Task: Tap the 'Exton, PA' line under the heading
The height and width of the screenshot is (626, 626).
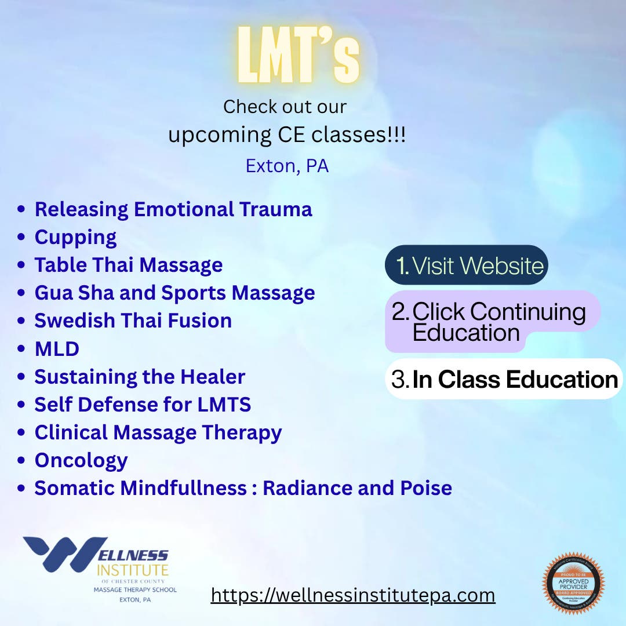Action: tap(287, 166)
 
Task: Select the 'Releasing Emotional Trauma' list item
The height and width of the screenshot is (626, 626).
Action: tap(173, 209)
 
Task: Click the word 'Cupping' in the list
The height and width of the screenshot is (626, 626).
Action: tap(75, 237)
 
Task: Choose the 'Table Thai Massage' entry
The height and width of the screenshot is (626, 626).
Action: tap(129, 265)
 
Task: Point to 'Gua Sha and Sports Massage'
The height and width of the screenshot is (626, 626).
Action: tap(174, 293)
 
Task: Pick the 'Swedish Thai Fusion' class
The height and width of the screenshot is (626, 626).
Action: tap(133, 321)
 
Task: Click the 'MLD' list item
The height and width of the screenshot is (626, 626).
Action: tap(57, 349)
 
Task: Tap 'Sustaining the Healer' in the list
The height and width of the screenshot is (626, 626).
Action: tap(140, 377)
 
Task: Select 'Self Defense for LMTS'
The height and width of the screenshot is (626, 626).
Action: tap(143, 405)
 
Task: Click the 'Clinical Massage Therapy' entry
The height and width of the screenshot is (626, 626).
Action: tap(158, 432)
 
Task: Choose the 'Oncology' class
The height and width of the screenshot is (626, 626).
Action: tap(81, 460)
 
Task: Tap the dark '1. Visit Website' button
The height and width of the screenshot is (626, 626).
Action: tap(467, 265)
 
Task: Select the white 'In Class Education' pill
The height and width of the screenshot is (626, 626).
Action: tap(504, 379)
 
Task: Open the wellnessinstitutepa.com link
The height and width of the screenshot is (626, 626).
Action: tap(352, 595)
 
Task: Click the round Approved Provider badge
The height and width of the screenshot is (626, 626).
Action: tap(573, 583)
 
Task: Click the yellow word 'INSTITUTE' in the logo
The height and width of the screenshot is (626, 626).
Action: tap(132, 570)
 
